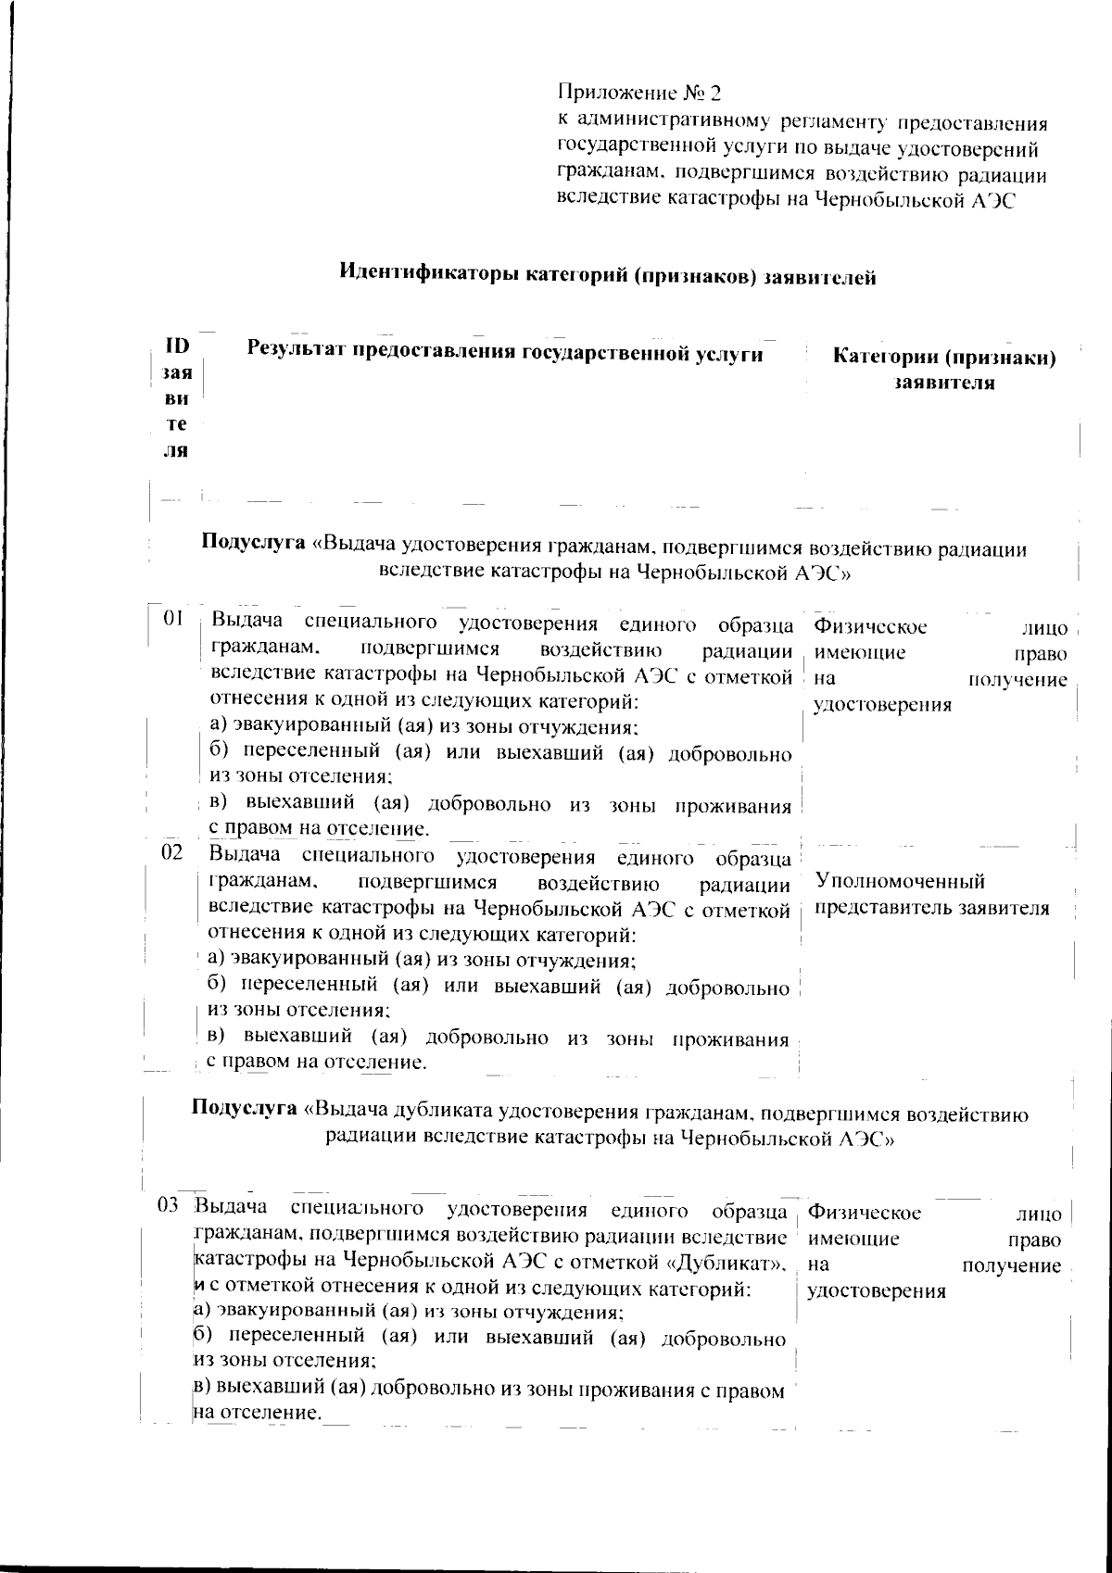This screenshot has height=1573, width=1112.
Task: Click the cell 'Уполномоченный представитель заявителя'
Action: click(x=931, y=894)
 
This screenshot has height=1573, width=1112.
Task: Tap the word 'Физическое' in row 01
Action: click(x=870, y=627)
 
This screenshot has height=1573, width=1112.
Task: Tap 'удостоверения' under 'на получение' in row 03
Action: click(x=877, y=1290)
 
